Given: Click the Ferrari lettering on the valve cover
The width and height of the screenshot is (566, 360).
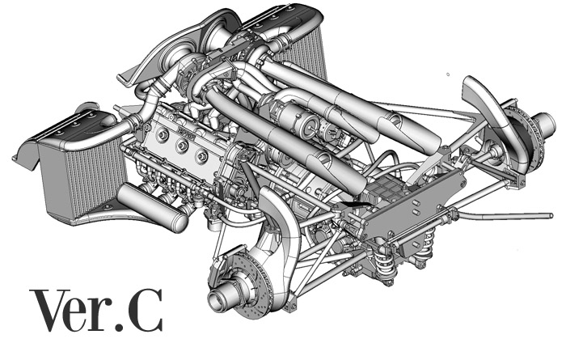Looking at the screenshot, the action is (186, 132).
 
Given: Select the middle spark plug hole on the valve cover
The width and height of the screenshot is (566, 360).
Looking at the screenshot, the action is (182, 146).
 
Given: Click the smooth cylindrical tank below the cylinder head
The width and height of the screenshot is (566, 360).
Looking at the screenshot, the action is (152, 208).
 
